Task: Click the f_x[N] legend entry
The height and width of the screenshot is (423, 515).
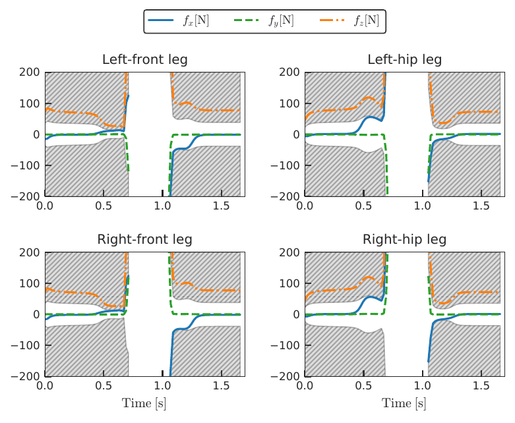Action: (196, 21)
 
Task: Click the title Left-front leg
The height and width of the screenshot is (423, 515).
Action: (145, 60)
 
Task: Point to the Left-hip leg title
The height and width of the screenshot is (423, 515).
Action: (404, 60)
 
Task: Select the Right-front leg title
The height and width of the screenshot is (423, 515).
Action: (145, 239)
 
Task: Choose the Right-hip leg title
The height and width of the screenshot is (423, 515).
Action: (404, 239)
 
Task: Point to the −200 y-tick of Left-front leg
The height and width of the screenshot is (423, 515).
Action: (26, 196)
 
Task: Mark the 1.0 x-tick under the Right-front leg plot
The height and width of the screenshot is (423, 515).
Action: (162, 387)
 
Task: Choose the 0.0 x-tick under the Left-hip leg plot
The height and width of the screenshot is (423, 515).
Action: (305, 207)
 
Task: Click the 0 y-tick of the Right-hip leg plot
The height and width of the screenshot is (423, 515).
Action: (297, 314)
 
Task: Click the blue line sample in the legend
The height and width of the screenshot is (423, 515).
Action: (162, 21)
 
